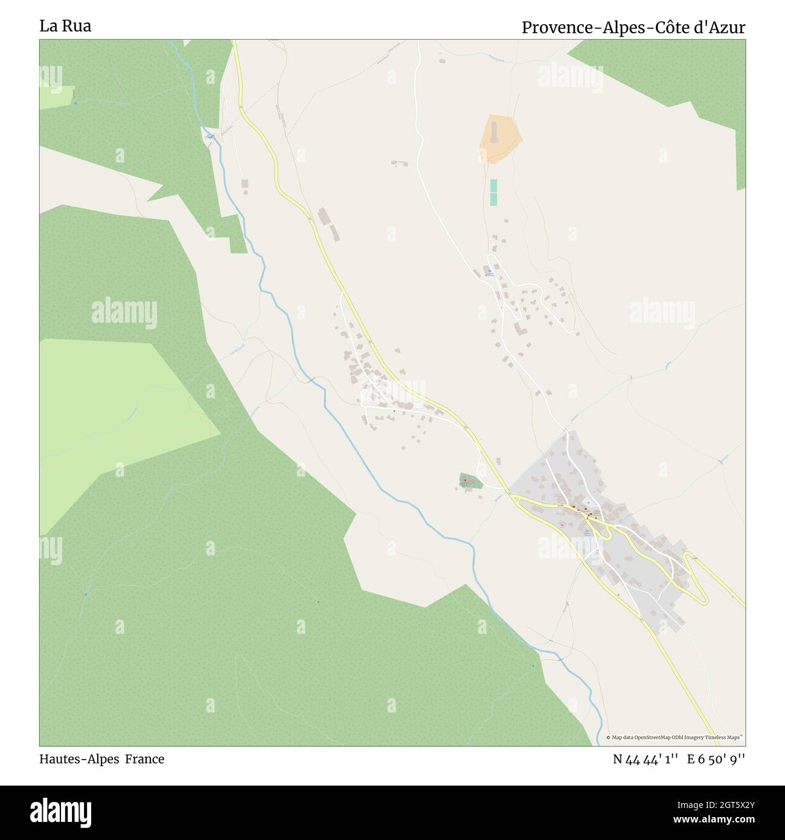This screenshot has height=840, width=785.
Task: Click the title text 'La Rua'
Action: tap(65, 27)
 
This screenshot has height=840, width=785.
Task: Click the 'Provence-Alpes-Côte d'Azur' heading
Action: tap(633, 28)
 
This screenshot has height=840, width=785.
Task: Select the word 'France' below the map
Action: tap(145, 759)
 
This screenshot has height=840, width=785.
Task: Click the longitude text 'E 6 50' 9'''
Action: tap(716, 759)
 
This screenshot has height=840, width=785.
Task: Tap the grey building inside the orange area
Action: tap(495, 132)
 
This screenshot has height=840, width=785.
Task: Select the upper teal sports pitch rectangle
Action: tap(493, 186)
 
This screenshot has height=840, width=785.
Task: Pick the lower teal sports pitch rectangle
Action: tap(493, 199)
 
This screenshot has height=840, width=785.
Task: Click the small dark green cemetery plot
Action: tap(470, 482)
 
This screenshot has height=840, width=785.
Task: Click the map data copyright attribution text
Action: tap(675, 737)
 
